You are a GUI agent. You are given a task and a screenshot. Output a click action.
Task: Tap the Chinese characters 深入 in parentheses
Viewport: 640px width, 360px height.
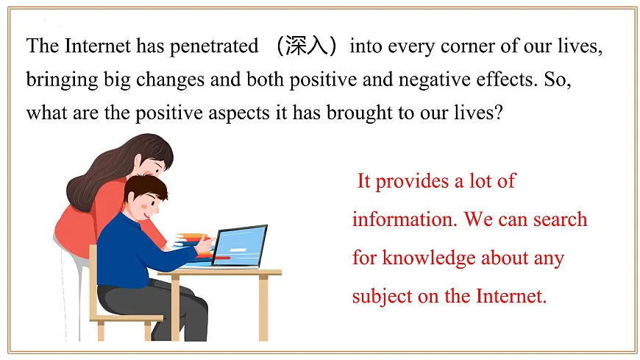[x=304, y=46]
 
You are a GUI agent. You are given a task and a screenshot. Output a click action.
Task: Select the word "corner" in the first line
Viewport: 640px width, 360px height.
[x=461, y=46]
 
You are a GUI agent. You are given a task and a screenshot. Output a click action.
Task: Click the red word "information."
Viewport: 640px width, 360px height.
[x=398, y=219]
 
